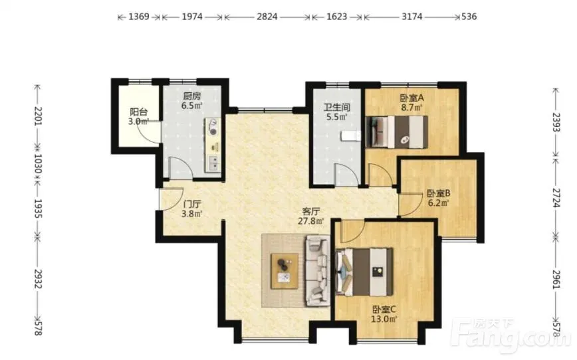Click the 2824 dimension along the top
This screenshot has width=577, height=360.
(x=267, y=17)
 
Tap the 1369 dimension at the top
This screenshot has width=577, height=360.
(x=139, y=17)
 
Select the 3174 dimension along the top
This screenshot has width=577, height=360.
(x=411, y=17)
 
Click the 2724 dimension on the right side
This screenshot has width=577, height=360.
(x=556, y=198)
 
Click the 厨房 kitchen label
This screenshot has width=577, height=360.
(x=192, y=96)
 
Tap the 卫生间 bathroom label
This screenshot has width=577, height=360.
(x=337, y=108)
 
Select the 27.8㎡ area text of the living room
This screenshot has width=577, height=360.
(x=311, y=221)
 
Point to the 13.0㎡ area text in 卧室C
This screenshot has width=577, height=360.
(x=384, y=319)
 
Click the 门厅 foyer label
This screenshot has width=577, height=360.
(x=192, y=204)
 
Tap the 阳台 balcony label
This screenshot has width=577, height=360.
(x=139, y=112)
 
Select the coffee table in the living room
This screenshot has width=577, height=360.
(x=285, y=271)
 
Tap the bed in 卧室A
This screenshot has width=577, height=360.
(x=397, y=132)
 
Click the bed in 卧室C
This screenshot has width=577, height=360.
(x=364, y=272)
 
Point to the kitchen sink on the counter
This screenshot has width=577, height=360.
(x=213, y=163)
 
